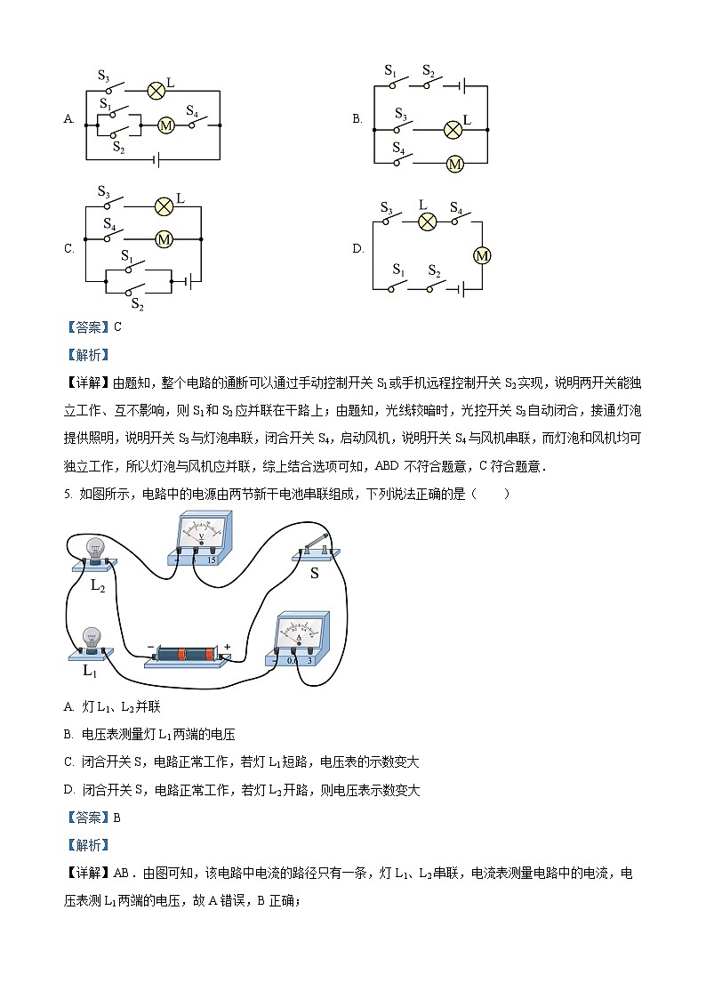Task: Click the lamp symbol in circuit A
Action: [x=156, y=90]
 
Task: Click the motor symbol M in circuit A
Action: [x=165, y=125]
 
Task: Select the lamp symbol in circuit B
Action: [x=453, y=129]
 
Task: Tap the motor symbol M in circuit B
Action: [x=454, y=165]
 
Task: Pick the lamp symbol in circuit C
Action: [x=164, y=206]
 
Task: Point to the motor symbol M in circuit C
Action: [x=164, y=239]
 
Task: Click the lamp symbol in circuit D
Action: [x=427, y=221]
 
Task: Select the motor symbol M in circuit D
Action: [x=482, y=255]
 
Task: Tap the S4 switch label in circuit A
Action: [x=191, y=110]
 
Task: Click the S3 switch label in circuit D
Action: [x=387, y=208]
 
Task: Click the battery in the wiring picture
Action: [x=187, y=654]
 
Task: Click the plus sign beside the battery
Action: [x=228, y=647]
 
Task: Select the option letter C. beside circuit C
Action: [x=68, y=249]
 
